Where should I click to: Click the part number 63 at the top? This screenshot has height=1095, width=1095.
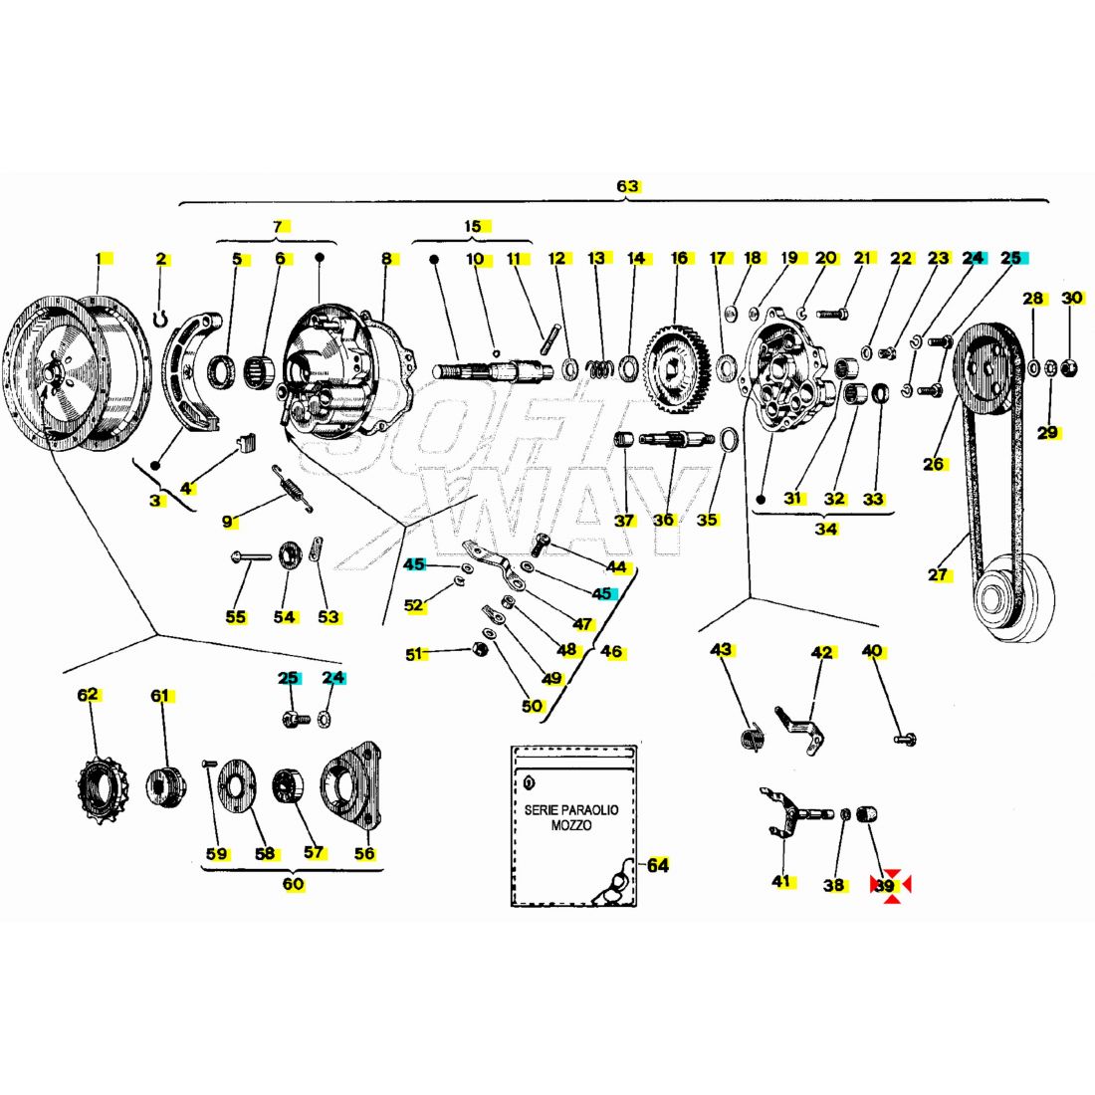click(627, 186)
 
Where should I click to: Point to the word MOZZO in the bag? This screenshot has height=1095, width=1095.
click(571, 826)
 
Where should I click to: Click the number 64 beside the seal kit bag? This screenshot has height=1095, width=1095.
click(657, 865)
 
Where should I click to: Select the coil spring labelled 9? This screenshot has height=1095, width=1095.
click(293, 489)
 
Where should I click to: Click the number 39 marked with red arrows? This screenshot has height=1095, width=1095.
click(885, 885)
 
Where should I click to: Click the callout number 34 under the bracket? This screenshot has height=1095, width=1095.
click(826, 529)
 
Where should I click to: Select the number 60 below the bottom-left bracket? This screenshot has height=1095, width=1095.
click(293, 884)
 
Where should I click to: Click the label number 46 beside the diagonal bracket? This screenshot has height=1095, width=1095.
click(612, 652)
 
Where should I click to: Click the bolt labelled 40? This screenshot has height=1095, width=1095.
click(906, 739)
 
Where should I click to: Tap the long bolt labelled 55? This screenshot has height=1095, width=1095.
click(254, 556)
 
